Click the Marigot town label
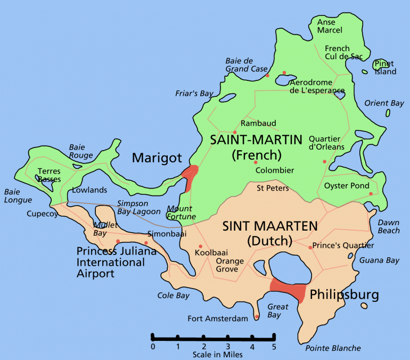pyautogui.click(x=157, y=158)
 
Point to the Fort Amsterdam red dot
pyautogui.click(x=257, y=316)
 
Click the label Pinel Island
pyautogui.click(x=385, y=68)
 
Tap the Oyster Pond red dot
pyautogui.click(x=371, y=193)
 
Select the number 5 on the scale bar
pyautogui.click(x=274, y=347)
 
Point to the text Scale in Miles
pyautogui.click(x=218, y=354)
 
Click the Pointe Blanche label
pyautogui.click(x=333, y=348)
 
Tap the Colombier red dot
pyautogui.click(x=256, y=162)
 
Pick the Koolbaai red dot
pyautogui.click(x=200, y=246)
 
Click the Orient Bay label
pyautogui.click(x=384, y=103)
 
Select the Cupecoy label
pyautogui.click(x=42, y=214)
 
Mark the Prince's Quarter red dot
pyautogui.click(x=310, y=247)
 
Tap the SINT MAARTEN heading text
pyautogui.click(x=269, y=226)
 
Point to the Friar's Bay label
pyautogui.click(x=194, y=93)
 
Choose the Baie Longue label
pyautogui.click(x=18, y=195)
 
